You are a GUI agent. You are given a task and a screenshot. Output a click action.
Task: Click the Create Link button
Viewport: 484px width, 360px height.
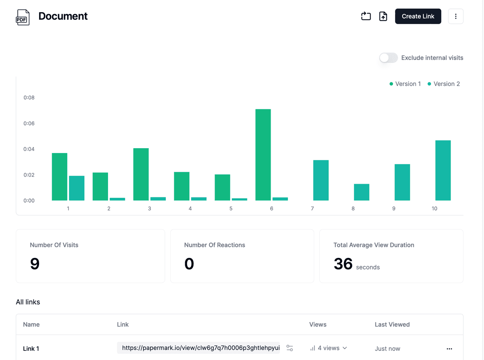(x=418, y=16)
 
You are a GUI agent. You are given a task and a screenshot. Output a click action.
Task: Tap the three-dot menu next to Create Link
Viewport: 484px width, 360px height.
(x=456, y=16)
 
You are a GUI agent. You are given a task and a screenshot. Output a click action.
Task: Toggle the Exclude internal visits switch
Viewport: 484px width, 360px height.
(x=388, y=58)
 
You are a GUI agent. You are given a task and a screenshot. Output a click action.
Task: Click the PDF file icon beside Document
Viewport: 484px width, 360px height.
(x=23, y=17)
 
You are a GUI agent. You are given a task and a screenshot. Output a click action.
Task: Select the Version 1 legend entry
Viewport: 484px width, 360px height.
(x=405, y=84)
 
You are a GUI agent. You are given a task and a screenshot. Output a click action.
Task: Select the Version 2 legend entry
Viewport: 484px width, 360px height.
(x=444, y=84)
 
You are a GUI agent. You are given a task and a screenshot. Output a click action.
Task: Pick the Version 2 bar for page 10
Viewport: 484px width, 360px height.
(x=443, y=170)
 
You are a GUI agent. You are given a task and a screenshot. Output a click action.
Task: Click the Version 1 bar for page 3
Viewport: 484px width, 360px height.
(x=141, y=174)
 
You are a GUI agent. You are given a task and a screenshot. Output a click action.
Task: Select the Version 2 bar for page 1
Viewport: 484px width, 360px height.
(x=77, y=188)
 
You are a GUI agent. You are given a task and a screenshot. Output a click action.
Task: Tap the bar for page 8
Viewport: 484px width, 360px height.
(x=361, y=192)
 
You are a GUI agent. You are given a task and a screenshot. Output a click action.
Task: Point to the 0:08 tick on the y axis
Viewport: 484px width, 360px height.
(x=29, y=98)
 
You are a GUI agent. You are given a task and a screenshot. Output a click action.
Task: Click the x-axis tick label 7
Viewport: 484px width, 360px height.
(x=313, y=209)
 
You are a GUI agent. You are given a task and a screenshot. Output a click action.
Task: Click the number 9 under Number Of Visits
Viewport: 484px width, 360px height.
(x=35, y=264)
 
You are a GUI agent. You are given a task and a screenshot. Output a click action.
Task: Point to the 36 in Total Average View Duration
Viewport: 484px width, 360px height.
(x=343, y=264)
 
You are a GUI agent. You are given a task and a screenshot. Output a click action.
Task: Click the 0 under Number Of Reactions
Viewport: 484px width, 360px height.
(x=189, y=264)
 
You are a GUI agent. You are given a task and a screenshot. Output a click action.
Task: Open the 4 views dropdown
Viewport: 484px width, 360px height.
(x=329, y=348)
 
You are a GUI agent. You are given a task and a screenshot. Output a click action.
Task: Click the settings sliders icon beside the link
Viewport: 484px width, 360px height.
(x=290, y=348)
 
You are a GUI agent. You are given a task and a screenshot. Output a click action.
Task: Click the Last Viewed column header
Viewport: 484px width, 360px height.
(x=392, y=324)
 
